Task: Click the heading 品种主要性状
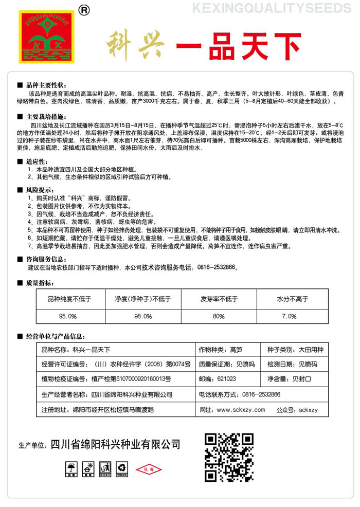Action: pos(46,85)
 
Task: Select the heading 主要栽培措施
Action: pos(46,116)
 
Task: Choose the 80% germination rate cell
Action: pos(219,316)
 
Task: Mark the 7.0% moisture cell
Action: pos(289,316)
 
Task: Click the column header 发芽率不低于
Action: pos(219,299)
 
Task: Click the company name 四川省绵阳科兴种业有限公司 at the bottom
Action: pos(115,444)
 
